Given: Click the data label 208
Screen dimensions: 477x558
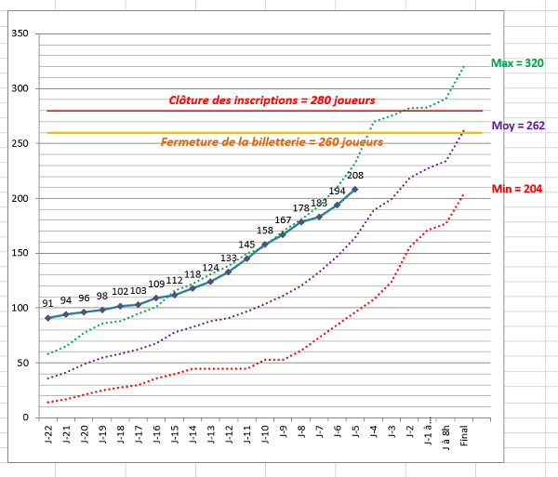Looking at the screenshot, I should coord(355,175).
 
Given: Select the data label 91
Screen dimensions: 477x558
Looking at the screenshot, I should coord(47,303).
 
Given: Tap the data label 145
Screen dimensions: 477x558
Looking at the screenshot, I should coord(246,245).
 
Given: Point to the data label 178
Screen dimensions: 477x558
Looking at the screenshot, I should coord(301,208).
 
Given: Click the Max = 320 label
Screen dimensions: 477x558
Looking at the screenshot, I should coord(517,63).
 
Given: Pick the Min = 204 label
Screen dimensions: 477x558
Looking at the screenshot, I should coord(516,189).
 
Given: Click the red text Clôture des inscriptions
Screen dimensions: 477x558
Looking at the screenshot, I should coord(272,99).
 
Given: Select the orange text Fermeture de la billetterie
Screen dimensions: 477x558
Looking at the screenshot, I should coord(272,142).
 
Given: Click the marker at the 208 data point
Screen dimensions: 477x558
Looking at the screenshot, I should coord(355,190).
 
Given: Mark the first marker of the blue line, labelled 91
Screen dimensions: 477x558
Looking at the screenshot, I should coord(48,318).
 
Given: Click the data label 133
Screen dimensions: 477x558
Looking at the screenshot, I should coord(229,258).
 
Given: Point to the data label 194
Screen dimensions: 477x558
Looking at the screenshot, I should coord(337,191).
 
